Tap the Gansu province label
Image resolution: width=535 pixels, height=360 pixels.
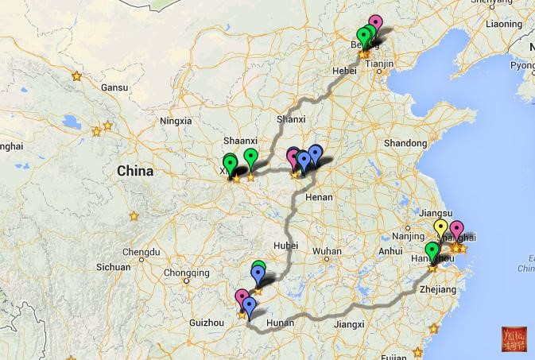point(114,87)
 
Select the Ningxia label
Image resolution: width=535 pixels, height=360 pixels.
point(176,121)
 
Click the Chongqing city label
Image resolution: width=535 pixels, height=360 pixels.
point(186,273)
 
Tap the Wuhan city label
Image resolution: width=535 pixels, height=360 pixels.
point(327,251)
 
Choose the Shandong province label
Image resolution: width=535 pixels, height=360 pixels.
point(405,143)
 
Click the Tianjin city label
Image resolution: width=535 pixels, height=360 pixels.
point(380,64)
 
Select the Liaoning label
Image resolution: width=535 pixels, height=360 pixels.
point(504,24)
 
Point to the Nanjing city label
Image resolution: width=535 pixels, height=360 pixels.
point(408,236)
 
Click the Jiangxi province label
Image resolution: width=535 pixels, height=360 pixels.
point(348,323)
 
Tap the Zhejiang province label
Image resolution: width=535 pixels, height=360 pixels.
point(438,290)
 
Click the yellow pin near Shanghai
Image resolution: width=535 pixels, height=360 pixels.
point(441,228)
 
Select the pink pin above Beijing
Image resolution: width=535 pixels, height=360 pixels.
point(375,23)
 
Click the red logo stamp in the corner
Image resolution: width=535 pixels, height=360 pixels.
point(514,339)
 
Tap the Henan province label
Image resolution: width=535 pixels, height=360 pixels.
point(319,196)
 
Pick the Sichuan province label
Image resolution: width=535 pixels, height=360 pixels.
point(113,268)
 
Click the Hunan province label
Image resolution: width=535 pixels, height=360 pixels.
point(280,323)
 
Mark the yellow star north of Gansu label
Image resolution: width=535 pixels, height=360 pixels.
point(77,76)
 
